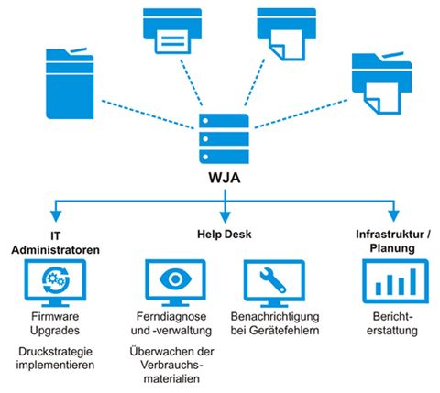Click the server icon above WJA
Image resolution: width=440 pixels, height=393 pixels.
pos(219,135)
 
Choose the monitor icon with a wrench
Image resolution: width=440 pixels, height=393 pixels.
pos(271,280)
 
